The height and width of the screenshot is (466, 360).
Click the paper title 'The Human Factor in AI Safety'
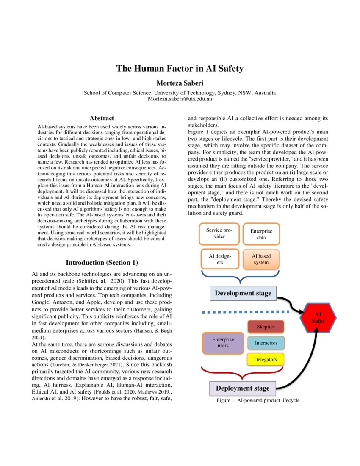(180, 68)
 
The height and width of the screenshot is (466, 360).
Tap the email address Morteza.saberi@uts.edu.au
(180, 99)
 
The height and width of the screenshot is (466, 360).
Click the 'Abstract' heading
(102, 119)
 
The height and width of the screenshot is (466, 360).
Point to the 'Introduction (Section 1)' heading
(102, 263)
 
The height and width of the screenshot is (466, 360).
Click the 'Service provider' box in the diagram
(219, 233)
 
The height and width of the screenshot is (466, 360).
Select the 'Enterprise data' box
(261, 234)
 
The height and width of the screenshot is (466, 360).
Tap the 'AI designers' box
(219, 259)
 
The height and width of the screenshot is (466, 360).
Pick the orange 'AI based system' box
(261, 259)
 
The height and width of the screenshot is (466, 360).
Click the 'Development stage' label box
(243, 293)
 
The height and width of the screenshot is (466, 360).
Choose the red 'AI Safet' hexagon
(318, 317)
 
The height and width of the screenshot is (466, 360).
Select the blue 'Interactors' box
(266, 342)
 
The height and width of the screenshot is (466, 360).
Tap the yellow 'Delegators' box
(265, 360)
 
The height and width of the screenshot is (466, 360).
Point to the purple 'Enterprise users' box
(223, 343)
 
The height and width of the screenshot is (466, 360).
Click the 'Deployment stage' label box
(243, 388)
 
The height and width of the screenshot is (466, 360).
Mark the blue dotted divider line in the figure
(246, 313)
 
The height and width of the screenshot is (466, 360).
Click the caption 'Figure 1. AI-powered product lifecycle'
(258, 400)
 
